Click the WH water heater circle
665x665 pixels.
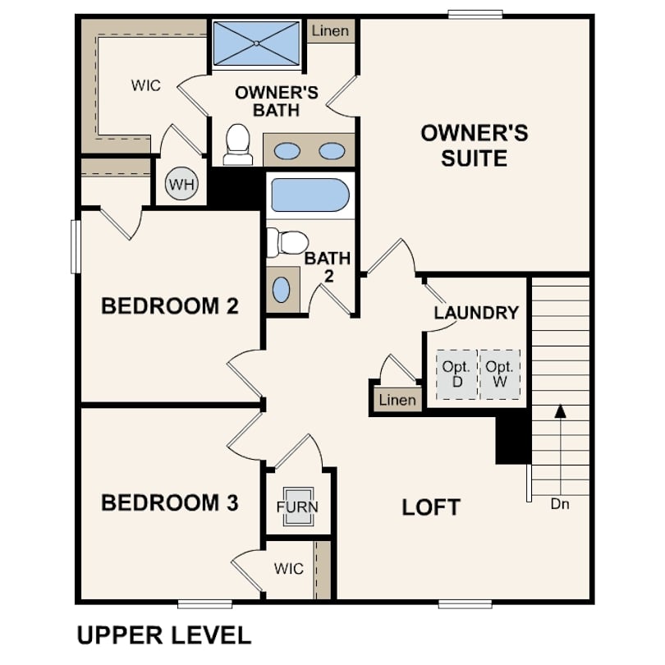182,184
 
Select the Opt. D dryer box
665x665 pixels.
456,374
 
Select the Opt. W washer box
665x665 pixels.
499,374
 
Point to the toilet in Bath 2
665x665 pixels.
287,242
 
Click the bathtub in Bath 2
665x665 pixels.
310,195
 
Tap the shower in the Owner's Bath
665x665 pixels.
256,42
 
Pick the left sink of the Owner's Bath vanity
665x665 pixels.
287,151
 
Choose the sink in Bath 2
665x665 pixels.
281,289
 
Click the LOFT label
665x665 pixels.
431,507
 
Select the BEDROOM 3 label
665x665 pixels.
169,502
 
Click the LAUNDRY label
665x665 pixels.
476,313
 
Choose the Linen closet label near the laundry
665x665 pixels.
397,401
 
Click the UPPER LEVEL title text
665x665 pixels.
163,635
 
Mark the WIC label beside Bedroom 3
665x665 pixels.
288,568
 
